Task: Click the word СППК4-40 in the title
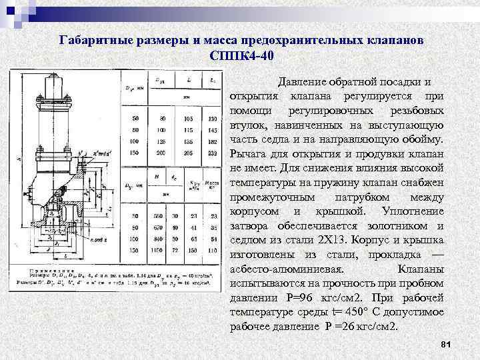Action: coord(241,55)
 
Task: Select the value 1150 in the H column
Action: coord(156,251)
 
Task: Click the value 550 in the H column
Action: coord(156,217)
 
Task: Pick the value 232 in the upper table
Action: coord(213,153)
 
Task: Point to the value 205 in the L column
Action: coord(191,153)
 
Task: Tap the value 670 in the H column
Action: coord(156,228)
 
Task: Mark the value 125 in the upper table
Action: coord(161,141)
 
